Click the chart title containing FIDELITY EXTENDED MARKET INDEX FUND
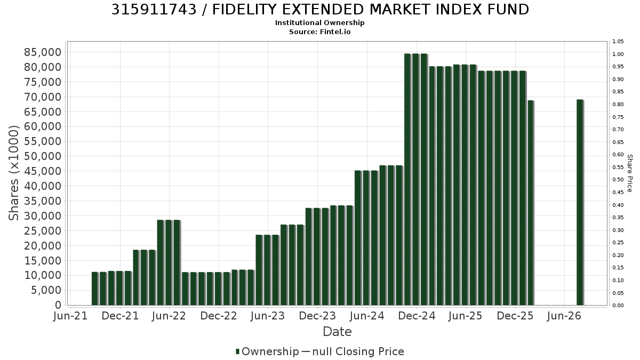pyautogui.click(x=320, y=10)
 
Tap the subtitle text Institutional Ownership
pyautogui.click(x=319, y=23)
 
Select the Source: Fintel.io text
pyautogui.click(x=319, y=31)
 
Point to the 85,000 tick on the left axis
pyautogui.click(x=43, y=52)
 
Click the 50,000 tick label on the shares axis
pyautogui.click(x=43, y=156)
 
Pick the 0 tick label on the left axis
pyautogui.click(x=58, y=305)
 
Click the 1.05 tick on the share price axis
pyautogui.click(x=618, y=42)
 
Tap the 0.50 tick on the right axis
pyautogui.click(x=618, y=180)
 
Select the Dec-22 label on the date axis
pyautogui.click(x=219, y=316)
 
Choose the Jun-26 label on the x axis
pyautogui.click(x=564, y=316)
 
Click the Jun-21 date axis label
pyautogui.click(x=70, y=316)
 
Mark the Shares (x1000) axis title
pyautogui.click(x=13, y=173)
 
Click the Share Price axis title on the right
pyautogui.click(x=629, y=173)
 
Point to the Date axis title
pyautogui.click(x=337, y=332)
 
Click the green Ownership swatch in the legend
pyautogui.click(x=237, y=351)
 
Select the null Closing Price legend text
pyautogui.click(x=358, y=351)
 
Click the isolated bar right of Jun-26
pyautogui.click(x=580, y=203)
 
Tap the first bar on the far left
pyautogui.click(x=95, y=289)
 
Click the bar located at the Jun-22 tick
pyautogui.click(x=169, y=262)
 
